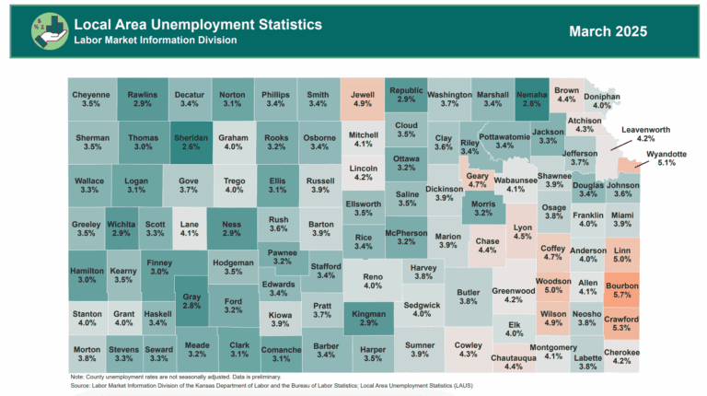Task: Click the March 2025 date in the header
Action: click(608, 31)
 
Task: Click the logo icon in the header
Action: click(45, 30)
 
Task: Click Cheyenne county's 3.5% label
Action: click(91, 99)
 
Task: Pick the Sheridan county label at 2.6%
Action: click(191, 142)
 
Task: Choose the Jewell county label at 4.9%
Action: click(363, 99)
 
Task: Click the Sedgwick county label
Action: click(422, 309)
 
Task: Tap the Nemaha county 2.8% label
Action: click(532, 99)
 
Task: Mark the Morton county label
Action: click(87, 355)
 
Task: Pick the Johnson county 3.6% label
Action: click(623, 190)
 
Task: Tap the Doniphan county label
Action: click(602, 101)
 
